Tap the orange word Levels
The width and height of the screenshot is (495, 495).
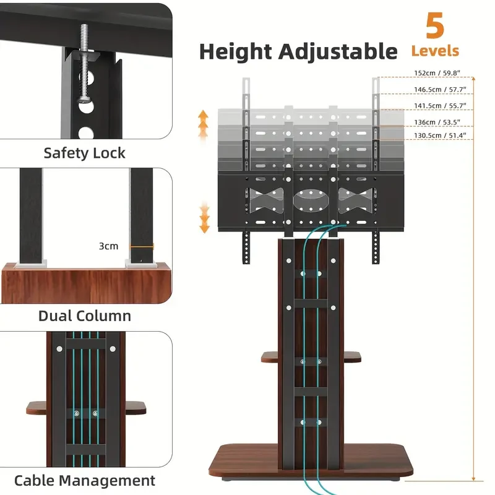[x=435, y=51]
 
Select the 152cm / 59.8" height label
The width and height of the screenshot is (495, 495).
[x=440, y=73]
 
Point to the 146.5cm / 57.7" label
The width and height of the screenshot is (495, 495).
[x=440, y=90]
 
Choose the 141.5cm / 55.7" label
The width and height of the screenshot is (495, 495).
[x=440, y=106]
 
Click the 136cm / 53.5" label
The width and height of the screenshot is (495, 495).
[x=440, y=122]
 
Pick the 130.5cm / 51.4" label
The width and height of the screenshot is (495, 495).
[x=440, y=135]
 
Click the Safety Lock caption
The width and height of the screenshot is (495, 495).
[x=85, y=153]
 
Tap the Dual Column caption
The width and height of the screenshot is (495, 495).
[x=85, y=316]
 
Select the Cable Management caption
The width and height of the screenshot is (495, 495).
[x=85, y=480]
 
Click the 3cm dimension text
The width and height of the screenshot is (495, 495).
[x=108, y=246]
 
